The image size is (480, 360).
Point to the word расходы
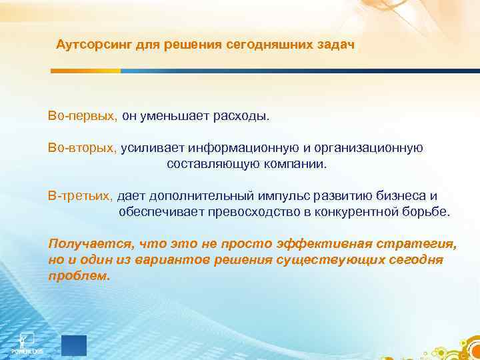(x=241, y=116)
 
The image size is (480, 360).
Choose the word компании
(x=293, y=164)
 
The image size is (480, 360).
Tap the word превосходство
(x=258, y=212)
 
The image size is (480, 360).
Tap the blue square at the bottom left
(x=74, y=345)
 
